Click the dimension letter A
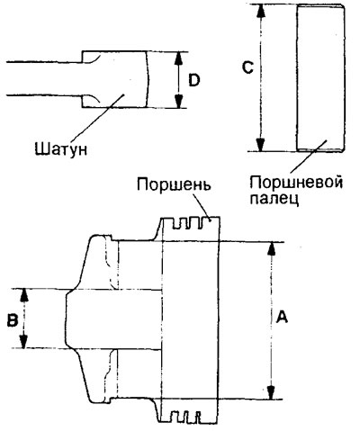[282, 318]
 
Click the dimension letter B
[13, 320]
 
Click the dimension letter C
[247, 67]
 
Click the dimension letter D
[194, 80]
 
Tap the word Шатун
[61, 148]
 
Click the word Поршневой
[296, 182]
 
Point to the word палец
[274, 199]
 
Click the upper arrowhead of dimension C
[261, 12]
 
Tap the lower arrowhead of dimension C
[261, 145]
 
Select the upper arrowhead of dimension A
[272, 248]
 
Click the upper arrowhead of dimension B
[24, 296]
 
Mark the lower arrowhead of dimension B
[24, 341]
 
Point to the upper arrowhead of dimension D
[179, 58]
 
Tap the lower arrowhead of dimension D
[179, 101]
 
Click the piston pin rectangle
[319, 78]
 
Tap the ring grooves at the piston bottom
[186, 417]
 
